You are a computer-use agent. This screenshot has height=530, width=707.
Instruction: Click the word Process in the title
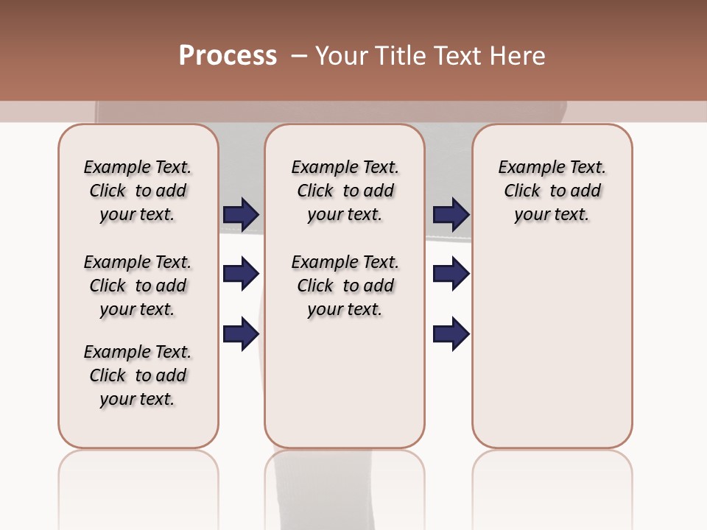228,56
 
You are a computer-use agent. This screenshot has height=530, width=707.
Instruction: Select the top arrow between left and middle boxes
241,214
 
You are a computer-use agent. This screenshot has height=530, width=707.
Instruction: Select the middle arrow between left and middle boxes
241,274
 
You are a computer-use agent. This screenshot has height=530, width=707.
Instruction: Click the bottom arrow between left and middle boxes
241,334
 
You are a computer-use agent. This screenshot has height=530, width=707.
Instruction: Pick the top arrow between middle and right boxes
451,214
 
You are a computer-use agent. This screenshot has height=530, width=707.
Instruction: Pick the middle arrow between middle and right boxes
451,274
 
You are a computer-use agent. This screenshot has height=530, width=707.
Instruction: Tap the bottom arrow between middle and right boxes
451,334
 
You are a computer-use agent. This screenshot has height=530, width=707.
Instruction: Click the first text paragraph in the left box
138,191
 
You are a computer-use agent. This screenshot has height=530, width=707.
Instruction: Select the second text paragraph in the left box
138,286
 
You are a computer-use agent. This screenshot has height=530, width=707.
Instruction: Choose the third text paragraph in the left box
138,375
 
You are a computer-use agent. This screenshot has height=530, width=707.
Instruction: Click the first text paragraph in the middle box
345,191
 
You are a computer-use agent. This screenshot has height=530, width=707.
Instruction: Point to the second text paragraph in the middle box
345,286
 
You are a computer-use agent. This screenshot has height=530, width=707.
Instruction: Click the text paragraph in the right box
552,191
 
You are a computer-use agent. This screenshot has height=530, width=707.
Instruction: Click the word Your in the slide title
342,56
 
